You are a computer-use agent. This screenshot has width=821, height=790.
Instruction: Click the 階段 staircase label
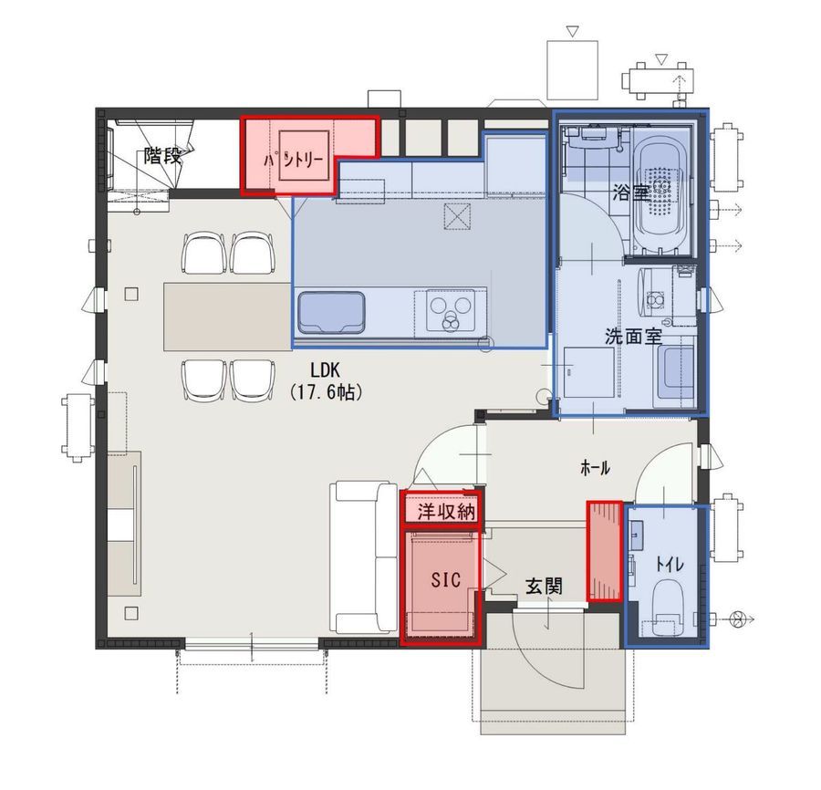coord(162,155)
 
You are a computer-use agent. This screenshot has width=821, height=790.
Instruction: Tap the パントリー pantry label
coord(293,161)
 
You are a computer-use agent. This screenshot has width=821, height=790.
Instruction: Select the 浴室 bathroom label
coord(632,193)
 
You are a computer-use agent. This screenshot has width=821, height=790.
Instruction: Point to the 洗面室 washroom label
coord(633,336)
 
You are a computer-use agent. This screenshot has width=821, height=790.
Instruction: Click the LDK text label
coord(325,370)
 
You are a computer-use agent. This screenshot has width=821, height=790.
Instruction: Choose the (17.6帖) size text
coord(326,392)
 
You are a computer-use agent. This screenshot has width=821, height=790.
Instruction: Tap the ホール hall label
coord(596,467)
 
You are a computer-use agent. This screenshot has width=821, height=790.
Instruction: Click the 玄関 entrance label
coord(544,587)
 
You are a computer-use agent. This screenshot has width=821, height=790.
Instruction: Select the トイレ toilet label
coord(670,565)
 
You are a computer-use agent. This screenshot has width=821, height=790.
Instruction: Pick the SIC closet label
coord(446,579)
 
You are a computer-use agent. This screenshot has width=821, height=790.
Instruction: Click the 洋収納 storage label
coord(445,512)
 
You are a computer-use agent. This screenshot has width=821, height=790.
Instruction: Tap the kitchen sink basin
coord(331,313)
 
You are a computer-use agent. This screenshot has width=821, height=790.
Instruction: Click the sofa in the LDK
coord(363,558)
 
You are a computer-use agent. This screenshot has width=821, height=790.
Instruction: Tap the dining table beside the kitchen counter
coord(228,317)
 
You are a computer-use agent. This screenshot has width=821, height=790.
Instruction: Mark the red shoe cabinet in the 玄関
coord(605,551)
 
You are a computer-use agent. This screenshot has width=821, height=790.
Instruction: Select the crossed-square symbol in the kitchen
coord(457,217)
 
